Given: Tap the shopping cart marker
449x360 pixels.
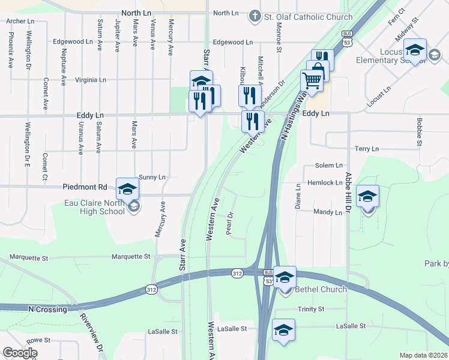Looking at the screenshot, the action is tap(312, 80).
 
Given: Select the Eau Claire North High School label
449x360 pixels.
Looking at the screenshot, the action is tap(95, 207).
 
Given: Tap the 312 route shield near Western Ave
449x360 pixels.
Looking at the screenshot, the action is tap(237, 274).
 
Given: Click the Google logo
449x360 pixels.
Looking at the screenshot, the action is tap(20, 353).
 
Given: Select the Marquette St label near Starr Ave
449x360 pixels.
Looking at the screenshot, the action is tap(131, 257).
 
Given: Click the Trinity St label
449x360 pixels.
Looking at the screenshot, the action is tap(311, 309).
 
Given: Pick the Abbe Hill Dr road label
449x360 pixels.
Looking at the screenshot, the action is tap(347, 193).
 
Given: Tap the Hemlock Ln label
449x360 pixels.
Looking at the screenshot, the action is tap(324, 182).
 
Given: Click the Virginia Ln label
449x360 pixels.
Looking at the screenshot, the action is tap(91, 79).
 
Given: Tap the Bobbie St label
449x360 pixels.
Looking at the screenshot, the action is tap(418, 131).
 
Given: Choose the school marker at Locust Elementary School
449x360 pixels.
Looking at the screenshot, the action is tap(415, 49).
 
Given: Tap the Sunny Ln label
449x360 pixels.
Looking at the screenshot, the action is tap(152, 177).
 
